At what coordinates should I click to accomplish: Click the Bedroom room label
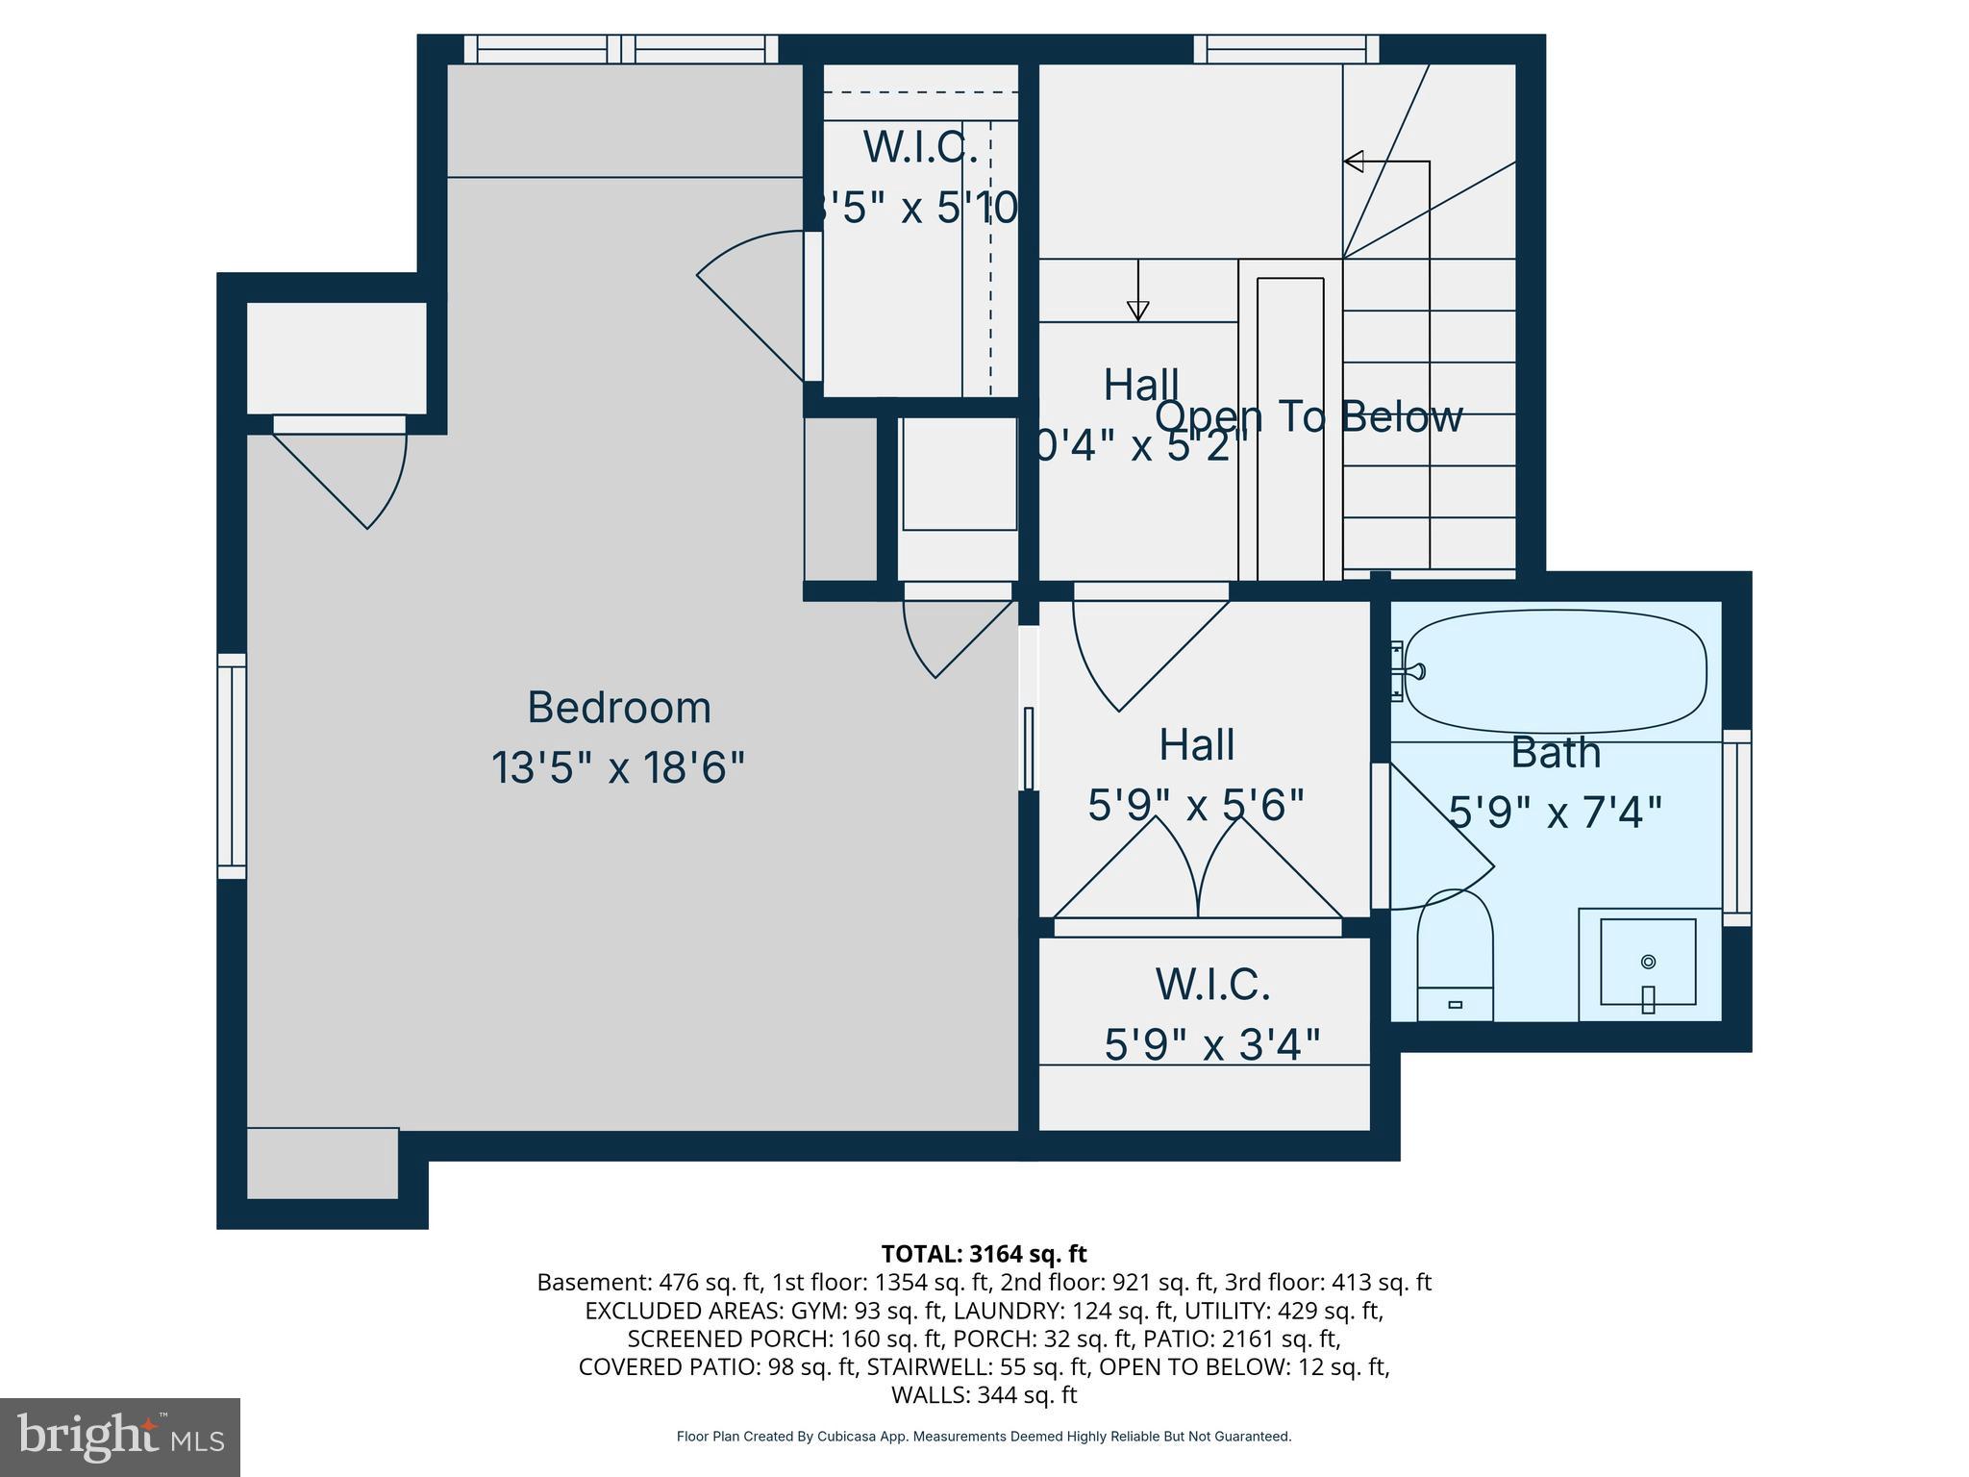[619, 708]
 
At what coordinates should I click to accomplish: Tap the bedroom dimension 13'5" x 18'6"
[618, 767]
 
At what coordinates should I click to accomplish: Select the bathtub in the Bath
[1555, 671]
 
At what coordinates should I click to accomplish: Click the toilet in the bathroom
[1455, 957]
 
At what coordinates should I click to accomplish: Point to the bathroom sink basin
[1647, 963]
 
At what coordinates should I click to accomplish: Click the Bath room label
[1555, 752]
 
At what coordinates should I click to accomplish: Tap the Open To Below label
[1309, 416]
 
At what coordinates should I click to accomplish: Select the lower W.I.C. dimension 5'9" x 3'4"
[1211, 1044]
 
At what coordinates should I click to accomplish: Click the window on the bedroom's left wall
[232, 766]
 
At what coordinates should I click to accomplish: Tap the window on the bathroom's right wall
[1736, 828]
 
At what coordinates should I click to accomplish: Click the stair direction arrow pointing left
[1354, 162]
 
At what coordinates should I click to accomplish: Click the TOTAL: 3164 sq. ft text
[984, 1254]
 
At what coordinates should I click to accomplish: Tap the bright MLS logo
[119, 1437]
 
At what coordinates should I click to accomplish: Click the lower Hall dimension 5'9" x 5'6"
[1196, 805]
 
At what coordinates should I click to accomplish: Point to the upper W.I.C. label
[920, 146]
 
